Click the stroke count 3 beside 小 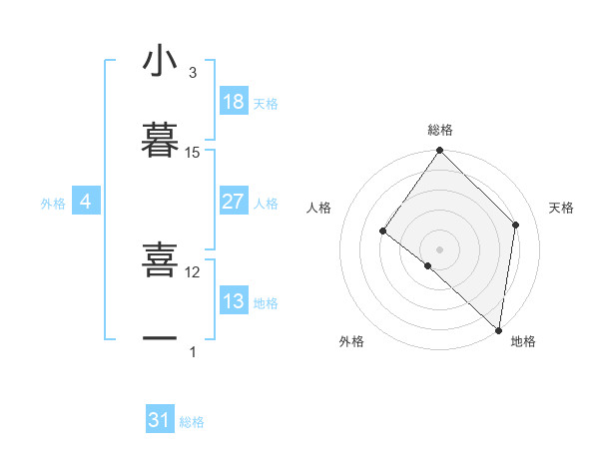[193, 72]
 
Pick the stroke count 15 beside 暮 [193, 152]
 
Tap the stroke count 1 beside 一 [193, 351]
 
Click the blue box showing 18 [234, 102]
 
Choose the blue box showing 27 [234, 202]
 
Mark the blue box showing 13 [234, 301]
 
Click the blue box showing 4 [86, 202]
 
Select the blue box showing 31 [160, 420]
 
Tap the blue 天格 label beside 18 [266, 104]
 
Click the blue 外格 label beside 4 [53, 204]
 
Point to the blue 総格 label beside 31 [192, 423]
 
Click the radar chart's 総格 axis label [440, 130]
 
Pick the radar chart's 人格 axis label [318, 208]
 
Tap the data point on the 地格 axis [498, 329]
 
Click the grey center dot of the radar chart [439, 248]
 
